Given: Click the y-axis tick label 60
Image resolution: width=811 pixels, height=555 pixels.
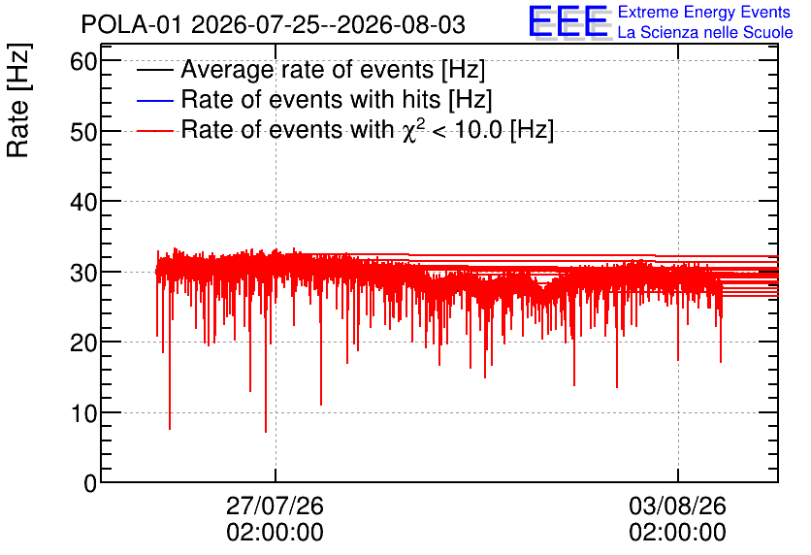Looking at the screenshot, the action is tap(83, 62).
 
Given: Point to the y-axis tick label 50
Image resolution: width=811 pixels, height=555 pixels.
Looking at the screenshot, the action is tap(83, 132).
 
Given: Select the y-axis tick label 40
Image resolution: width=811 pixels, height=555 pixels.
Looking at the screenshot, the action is tap(83, 202).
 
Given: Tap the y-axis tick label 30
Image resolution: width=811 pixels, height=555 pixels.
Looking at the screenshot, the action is tap(83, 273).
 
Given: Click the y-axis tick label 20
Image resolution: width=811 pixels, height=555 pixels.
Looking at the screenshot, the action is tap(83, 343).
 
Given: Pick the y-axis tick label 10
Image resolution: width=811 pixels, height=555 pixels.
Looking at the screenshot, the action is tap(83, 413).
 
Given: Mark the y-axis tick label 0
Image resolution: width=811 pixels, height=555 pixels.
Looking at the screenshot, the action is tap(90, 483).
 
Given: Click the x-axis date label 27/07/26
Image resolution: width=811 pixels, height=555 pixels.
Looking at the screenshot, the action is tap(275, 506).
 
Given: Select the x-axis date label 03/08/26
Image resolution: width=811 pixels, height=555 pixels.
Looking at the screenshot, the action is tap(677, 506).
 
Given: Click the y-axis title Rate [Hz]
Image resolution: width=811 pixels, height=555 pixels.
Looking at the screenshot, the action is tap(18, 100).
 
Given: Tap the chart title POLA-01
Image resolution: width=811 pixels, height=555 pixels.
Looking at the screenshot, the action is tap(131, 24).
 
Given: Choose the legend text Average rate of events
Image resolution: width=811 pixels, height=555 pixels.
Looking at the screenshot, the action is tap(308, 69).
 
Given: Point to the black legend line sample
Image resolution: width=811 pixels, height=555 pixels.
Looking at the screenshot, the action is tap(154, 70).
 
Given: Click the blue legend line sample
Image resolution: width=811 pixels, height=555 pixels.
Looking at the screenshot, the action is tap(154, 100).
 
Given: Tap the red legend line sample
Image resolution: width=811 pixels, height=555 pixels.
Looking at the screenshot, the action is tap(154, 131).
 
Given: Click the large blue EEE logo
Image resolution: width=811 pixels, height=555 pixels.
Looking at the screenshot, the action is tap(568, 21).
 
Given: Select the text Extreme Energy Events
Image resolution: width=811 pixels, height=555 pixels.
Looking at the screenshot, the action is tap(704, 12).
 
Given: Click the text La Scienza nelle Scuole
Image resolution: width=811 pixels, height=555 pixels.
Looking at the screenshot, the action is tap(705, 32).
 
